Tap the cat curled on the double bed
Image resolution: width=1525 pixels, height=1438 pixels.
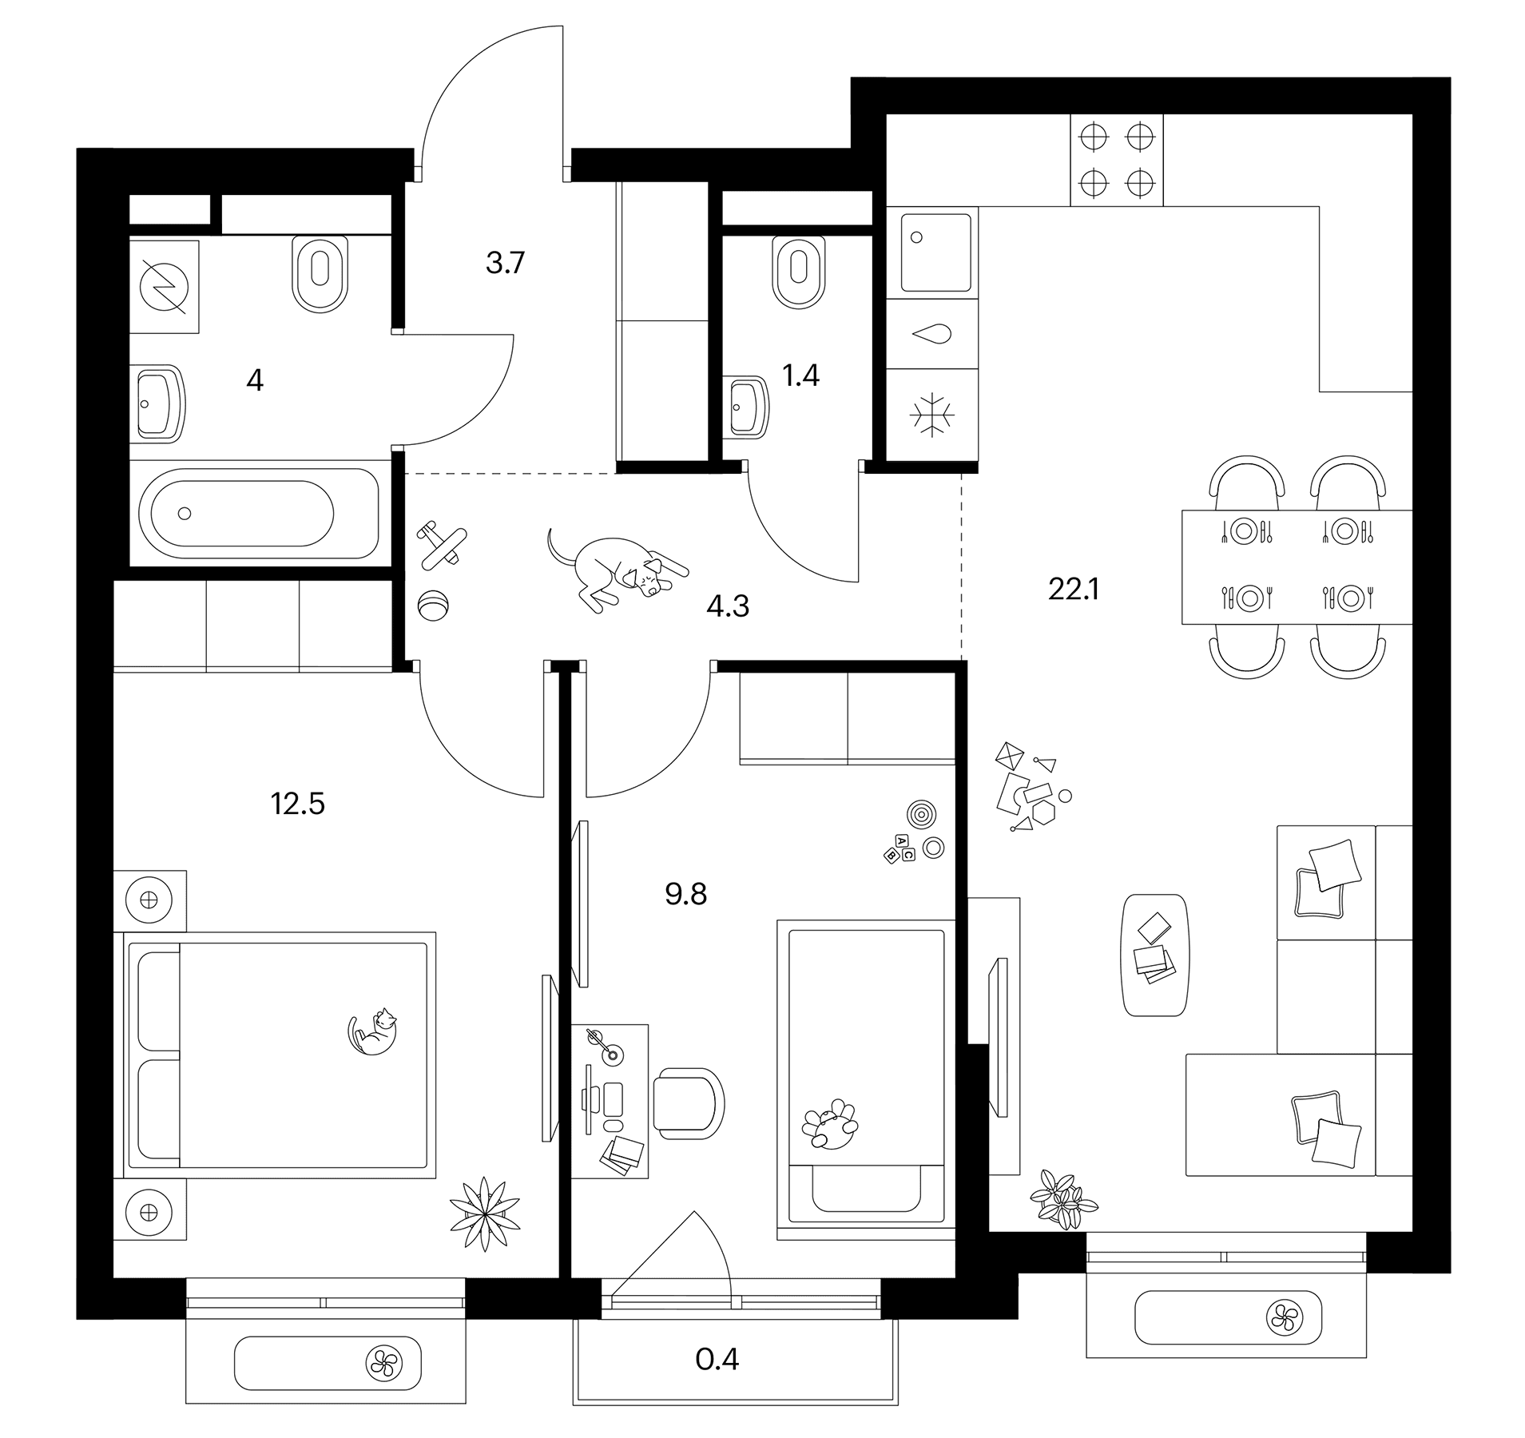373,1031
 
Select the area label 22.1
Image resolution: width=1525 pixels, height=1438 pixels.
1074,590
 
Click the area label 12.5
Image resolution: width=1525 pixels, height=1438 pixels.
298,804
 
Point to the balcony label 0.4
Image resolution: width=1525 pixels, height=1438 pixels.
717,1359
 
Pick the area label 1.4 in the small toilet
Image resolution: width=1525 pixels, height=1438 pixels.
801,375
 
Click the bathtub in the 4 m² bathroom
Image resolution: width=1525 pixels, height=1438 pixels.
258,513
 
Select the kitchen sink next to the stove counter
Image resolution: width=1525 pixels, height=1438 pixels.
936,252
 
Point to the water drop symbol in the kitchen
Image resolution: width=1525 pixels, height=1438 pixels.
933,334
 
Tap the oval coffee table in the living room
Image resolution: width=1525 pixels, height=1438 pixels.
1155,955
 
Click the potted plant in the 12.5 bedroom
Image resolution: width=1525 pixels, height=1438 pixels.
484,1213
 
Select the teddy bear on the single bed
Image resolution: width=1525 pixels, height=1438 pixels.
830,1124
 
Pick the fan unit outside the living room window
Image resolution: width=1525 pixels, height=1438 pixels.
1285,1317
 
